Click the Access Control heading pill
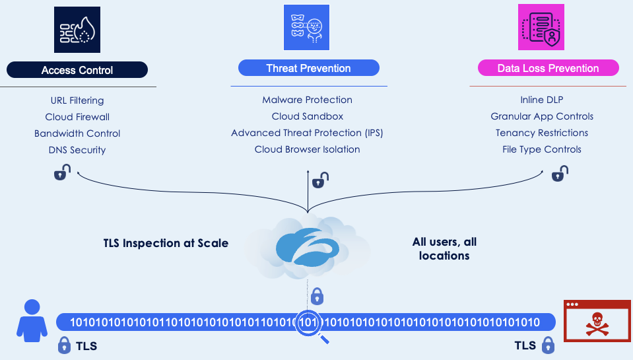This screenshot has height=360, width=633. (x=77, y=70)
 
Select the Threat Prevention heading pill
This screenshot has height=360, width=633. (x=308, y=68)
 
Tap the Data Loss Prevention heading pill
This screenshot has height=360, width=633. (x=548, y=68)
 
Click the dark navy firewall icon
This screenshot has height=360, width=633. (x=77, y=30)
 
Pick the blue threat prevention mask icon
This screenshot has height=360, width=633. (x=306, y=28)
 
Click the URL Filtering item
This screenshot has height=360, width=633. (x=77, y=100)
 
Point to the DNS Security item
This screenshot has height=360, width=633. (x=77, y=150)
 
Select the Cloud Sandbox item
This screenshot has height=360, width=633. (x=308, y=116)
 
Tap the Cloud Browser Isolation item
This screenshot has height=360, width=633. (x=308, y=149)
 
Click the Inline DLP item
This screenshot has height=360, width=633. (x=542, y=100)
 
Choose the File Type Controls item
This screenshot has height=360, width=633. (x=542, y=149)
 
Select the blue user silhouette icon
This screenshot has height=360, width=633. (x=32, y=318)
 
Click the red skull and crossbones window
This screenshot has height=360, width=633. (x=596, y=321)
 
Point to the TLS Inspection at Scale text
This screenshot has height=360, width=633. (x=166, y=243)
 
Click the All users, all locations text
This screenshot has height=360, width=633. (x=444, y=249)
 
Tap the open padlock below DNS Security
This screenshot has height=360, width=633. (x=61, y=173)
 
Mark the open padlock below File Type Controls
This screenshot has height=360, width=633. (x=560, y=173)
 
